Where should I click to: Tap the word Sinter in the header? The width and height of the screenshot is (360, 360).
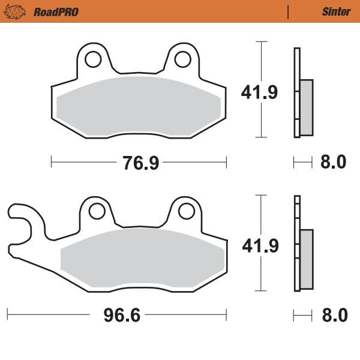336,11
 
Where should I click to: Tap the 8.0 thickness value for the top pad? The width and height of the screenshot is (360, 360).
334,162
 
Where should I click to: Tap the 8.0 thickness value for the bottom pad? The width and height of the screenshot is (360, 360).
334,314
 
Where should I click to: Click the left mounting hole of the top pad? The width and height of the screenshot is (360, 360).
93,59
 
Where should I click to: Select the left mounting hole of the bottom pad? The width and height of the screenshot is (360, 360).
95,211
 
